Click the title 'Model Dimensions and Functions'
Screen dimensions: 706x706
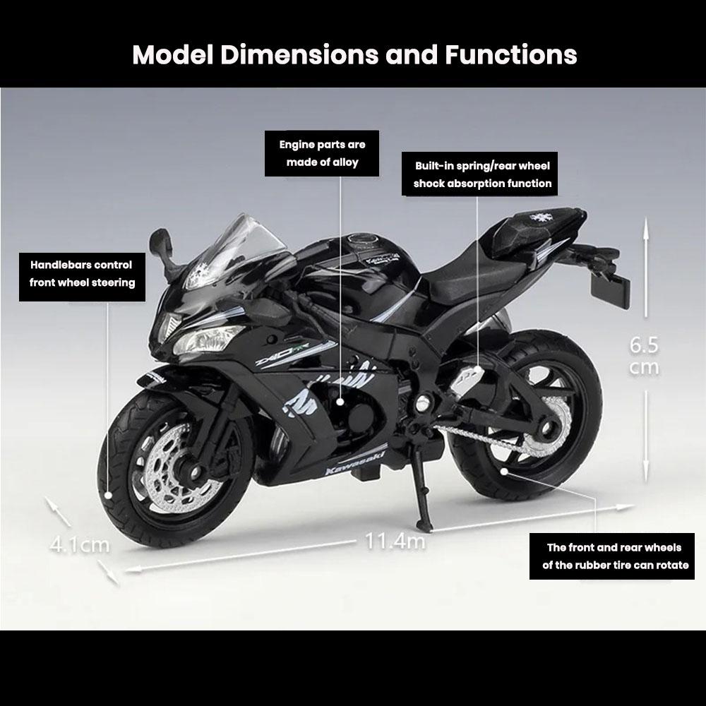click(x=354, y=54)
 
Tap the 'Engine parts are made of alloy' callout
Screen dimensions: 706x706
click(x=322, y=153)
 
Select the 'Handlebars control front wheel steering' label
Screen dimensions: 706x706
click(x=82, y=274)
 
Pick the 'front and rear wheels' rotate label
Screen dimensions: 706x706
click(x=615, y=556)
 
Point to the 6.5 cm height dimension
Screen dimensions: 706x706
click(x=644, y=356)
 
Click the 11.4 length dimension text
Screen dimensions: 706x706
click(x=395, y=542)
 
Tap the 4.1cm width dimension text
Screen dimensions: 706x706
click(x=80, y=545)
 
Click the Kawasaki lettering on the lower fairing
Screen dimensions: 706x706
click(x=351, y=462)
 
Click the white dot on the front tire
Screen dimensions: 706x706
click(x=109, y=495)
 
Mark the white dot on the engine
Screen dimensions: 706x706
click(x=341, y=401)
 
